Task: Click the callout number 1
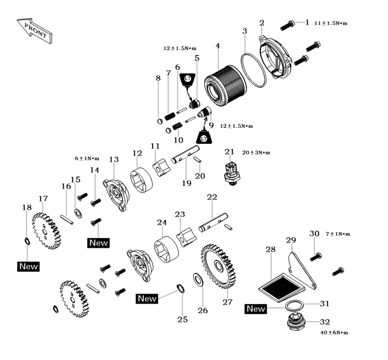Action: pos(307,23)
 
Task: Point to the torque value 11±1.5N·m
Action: pos(331,23)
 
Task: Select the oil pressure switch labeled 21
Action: pos(230,173)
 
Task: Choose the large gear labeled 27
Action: pos(220,265)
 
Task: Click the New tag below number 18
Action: pos(28,266)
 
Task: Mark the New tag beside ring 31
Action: pos(256,309)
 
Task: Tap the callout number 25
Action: pos(182,319)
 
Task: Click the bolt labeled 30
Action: pos(316,256)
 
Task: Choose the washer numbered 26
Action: pos(197,279)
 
